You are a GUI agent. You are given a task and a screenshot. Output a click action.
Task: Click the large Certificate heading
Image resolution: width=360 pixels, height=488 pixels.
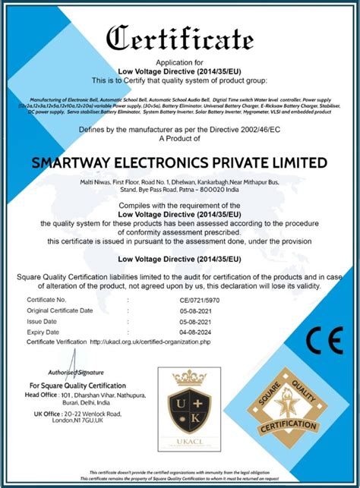180,37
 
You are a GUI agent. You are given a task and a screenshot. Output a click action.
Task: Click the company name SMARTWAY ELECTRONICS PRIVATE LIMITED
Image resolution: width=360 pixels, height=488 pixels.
180,163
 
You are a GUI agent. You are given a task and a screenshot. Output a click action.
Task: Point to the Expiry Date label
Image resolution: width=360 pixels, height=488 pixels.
44,332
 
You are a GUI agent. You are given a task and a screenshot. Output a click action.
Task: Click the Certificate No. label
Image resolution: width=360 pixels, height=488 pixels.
47,301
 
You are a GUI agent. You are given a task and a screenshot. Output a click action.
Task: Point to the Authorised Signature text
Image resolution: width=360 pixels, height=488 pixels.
76,373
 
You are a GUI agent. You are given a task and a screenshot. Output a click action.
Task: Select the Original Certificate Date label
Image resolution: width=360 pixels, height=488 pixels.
60,310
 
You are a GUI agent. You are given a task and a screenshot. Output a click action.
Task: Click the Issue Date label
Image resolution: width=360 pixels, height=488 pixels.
43,321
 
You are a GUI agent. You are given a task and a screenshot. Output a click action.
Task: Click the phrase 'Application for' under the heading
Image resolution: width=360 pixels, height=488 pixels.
180,62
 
